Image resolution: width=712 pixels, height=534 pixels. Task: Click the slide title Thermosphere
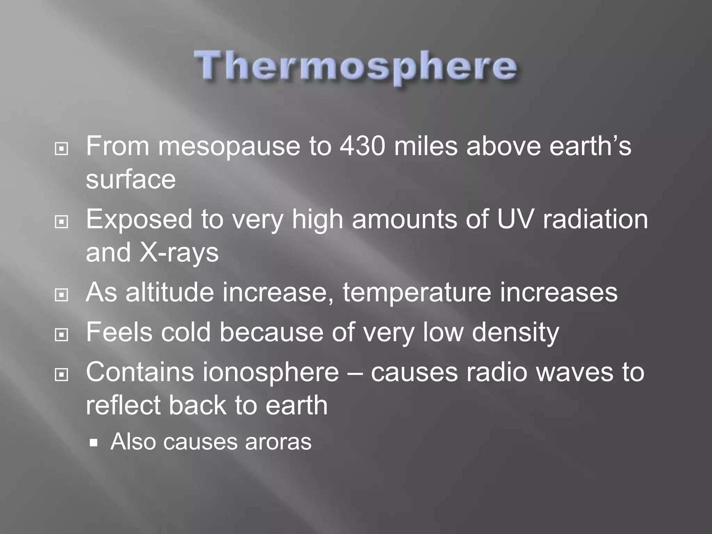click(x=356, y=66)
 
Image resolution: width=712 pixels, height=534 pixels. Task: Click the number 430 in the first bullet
click(x=362, y=146)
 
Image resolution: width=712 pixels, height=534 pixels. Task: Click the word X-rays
click(x=179, y=253)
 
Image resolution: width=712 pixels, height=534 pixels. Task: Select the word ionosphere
click(x=270, y=372)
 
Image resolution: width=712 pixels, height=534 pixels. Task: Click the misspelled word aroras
click(x=278, y=442)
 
